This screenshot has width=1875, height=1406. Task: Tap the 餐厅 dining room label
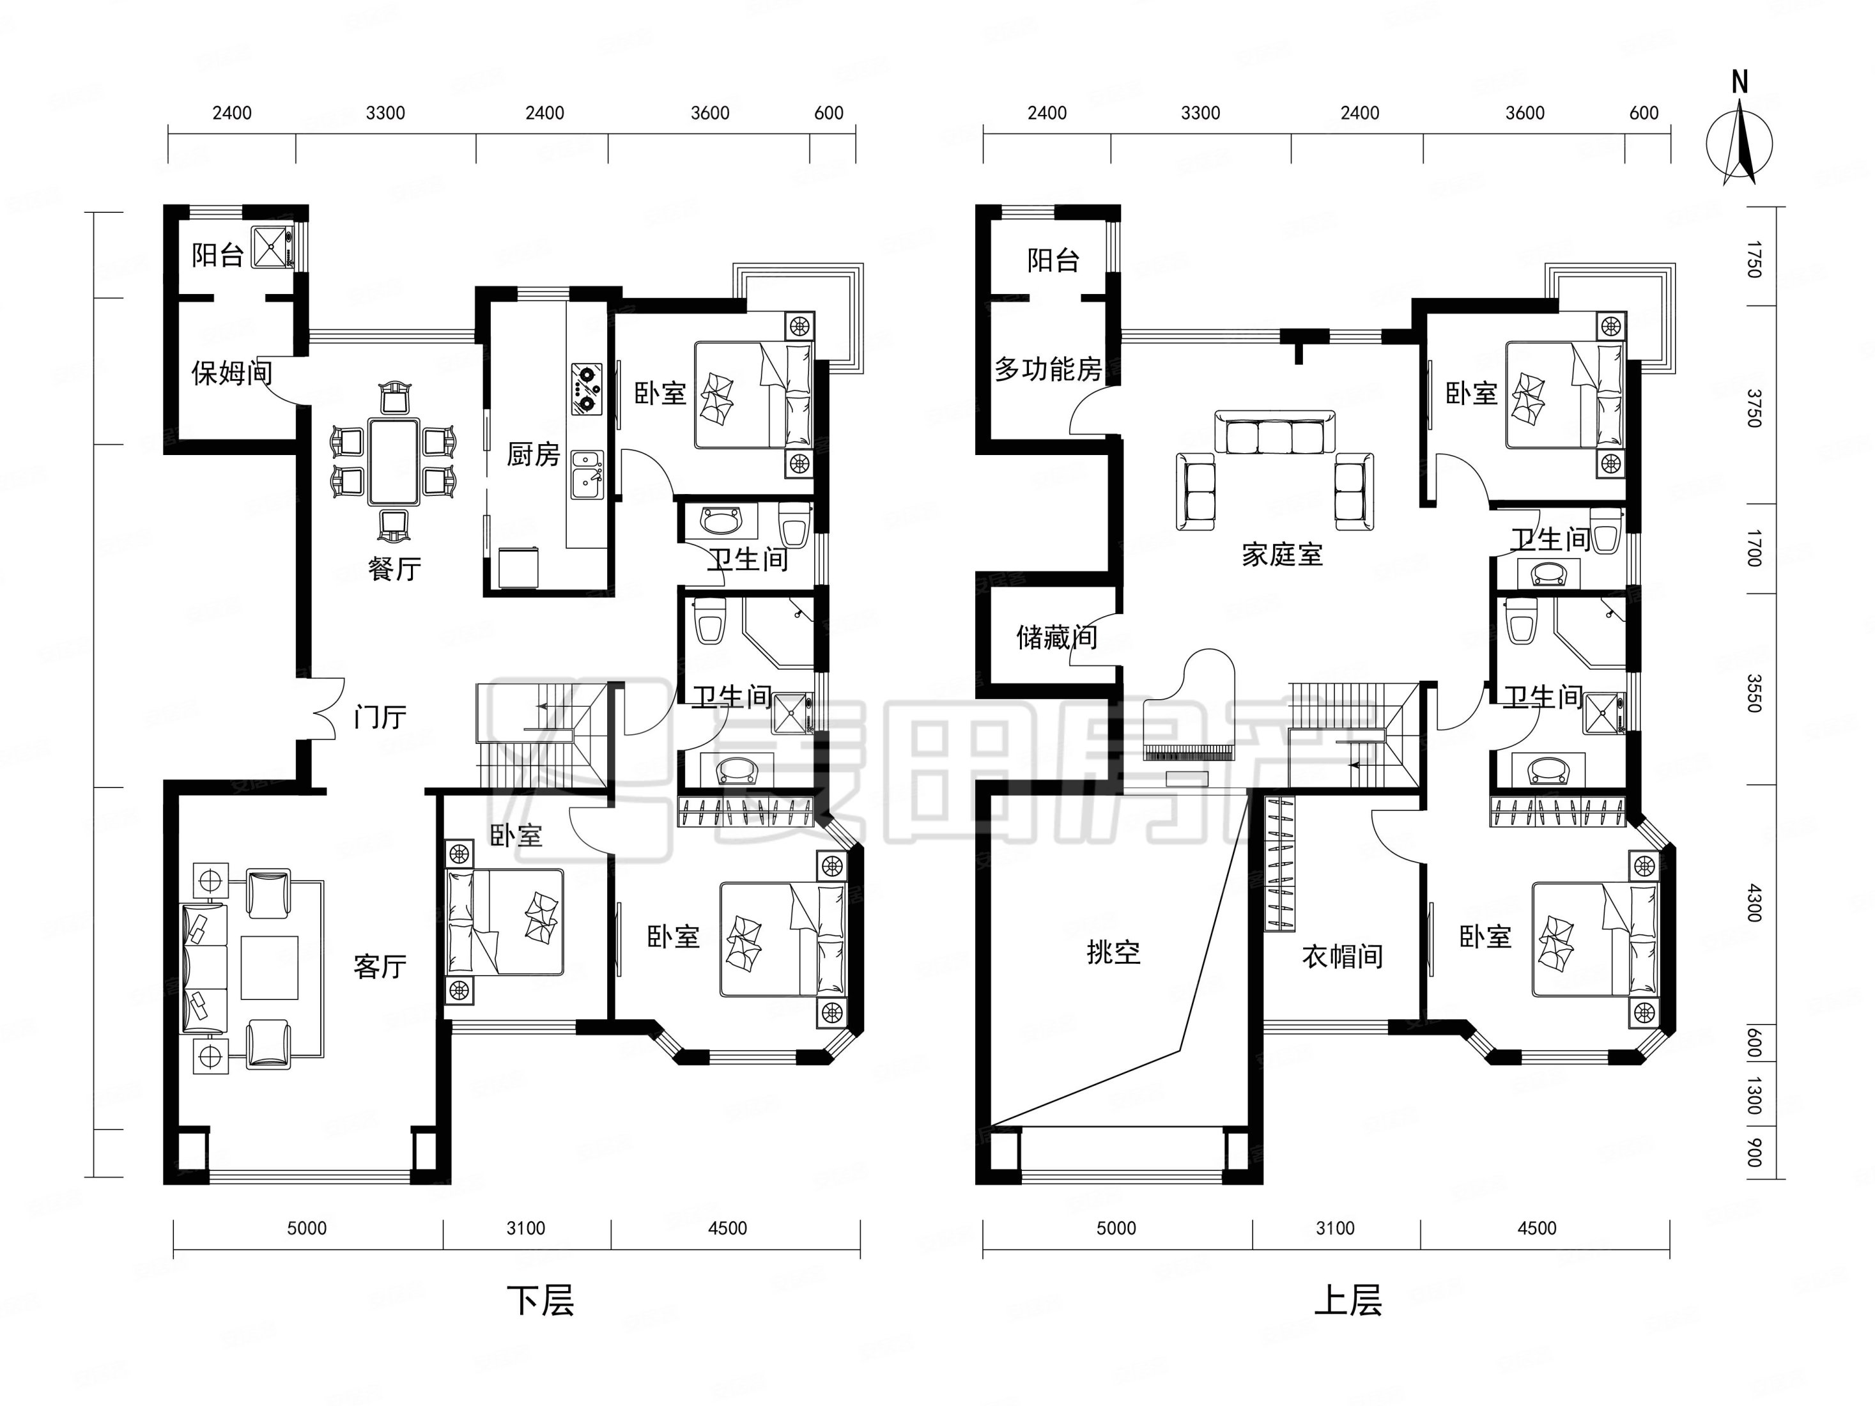point(394,568)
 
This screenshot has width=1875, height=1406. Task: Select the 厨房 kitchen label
point(533,454)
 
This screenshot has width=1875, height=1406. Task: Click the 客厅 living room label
point(380,966)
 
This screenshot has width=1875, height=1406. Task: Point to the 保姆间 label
point(231,372)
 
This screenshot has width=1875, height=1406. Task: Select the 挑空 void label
point(1113,953)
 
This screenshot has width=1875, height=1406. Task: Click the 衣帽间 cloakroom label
point(1343,957)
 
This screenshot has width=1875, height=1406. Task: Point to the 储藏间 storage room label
point(1056,637)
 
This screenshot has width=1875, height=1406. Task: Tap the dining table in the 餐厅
point(392,461)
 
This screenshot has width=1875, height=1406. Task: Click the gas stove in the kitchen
point(587,389)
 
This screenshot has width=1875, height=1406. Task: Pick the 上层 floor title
point(1348,1300)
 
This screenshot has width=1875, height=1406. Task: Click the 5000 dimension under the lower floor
point(306,1228)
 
